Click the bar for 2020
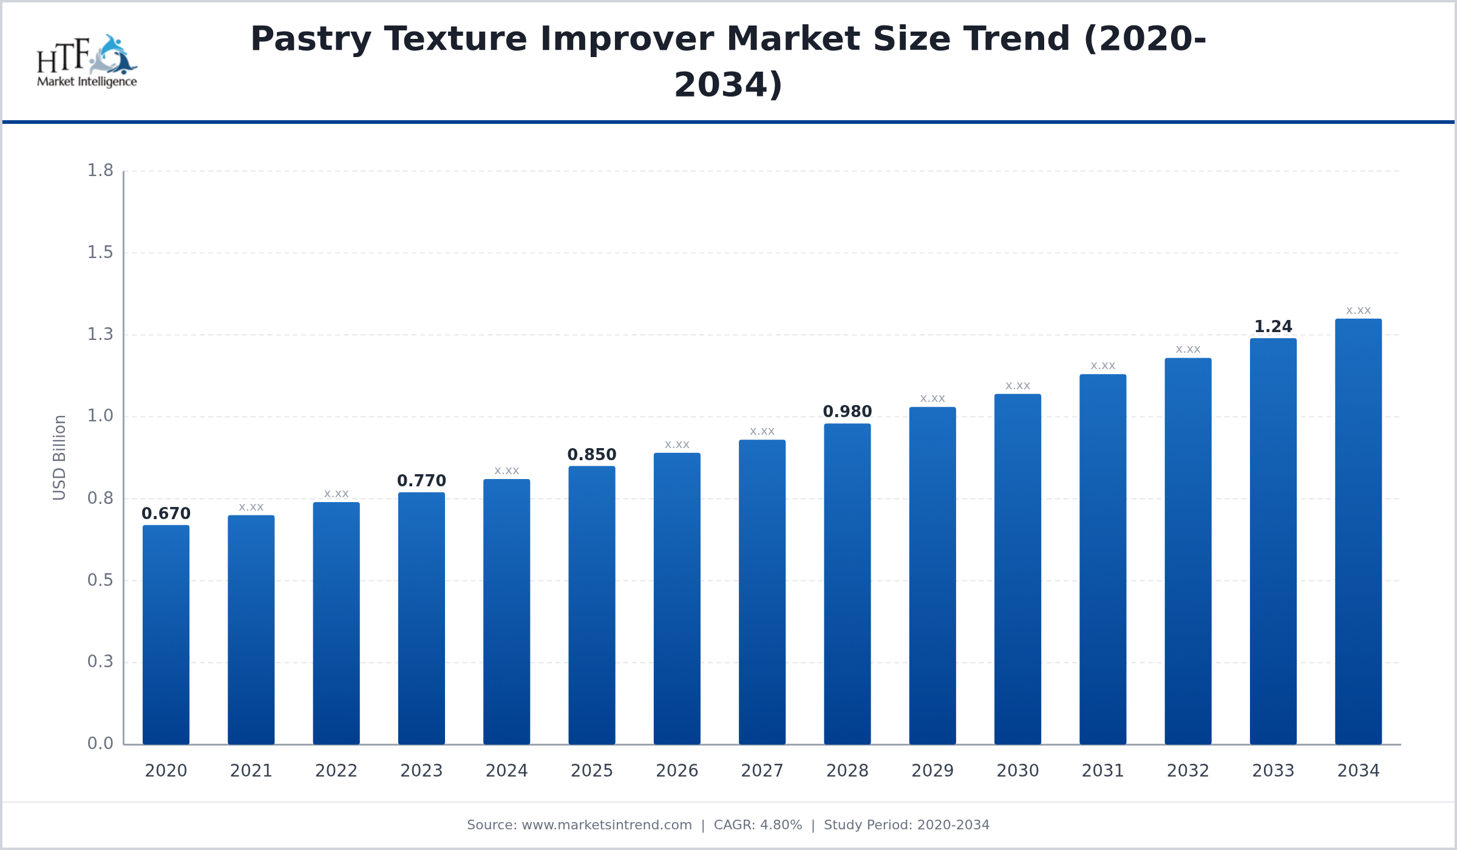[166, 634]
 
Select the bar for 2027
[762, 592]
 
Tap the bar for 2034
[1358, 531]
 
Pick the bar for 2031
[1102, 559]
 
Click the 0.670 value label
[166, 514]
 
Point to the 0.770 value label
[421, 481]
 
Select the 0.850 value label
[591, 455]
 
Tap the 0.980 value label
[847, 412]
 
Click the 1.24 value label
[1273, 327]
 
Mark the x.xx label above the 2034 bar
[1358, 311]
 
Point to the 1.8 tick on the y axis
[100, 171]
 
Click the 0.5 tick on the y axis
[100, 580]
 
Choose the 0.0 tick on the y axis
[100, 744]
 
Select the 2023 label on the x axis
[421, 771]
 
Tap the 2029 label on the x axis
[932, 771]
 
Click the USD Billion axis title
[59, 458]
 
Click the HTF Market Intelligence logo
[87, 61]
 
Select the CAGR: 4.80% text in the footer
[758, 825]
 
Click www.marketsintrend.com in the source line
[606, 825]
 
